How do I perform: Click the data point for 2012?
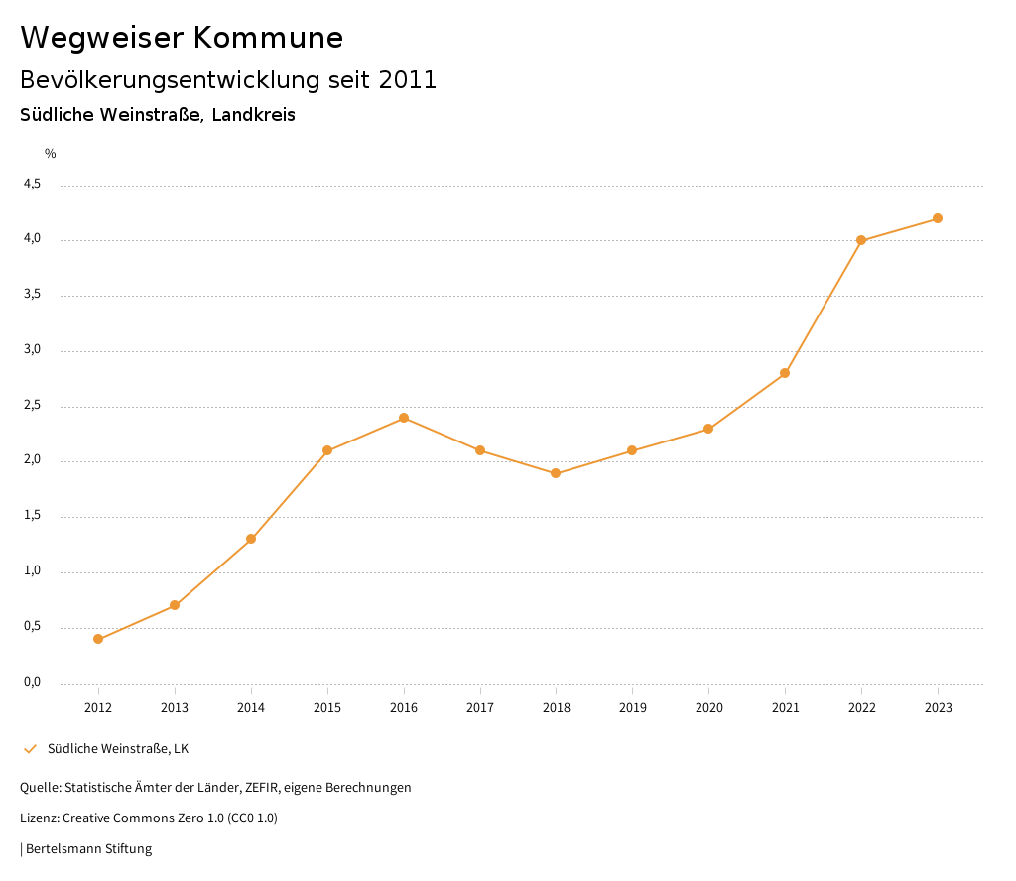(98, 639)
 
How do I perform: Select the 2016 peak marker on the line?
(404, 418)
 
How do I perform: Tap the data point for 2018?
(556, 473)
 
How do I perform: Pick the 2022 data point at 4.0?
(861, 240)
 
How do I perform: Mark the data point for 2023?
(938, 218)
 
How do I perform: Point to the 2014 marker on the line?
(251, 539)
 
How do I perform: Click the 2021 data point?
(785, 373)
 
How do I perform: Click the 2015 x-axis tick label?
(327, 707)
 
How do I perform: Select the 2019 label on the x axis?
(632, 707)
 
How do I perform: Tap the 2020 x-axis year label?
(708, 707)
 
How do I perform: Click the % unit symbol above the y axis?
(51, 153)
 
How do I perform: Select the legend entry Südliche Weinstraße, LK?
(117, 748)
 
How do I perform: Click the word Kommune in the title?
(268, 38)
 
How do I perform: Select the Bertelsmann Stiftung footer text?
(88, 848)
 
